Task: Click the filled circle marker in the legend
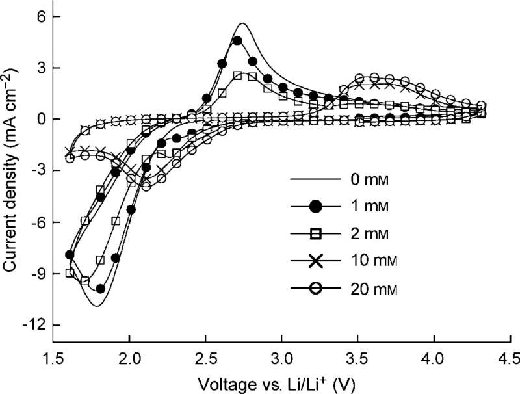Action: [x=316, y=207]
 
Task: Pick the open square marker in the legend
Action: [x=316, y=233]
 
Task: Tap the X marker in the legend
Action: [x=316, y=261]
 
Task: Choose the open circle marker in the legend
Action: [x=316, y=288]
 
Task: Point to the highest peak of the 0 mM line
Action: [x=242, y=23]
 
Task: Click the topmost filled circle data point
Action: [x=237, y=40]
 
